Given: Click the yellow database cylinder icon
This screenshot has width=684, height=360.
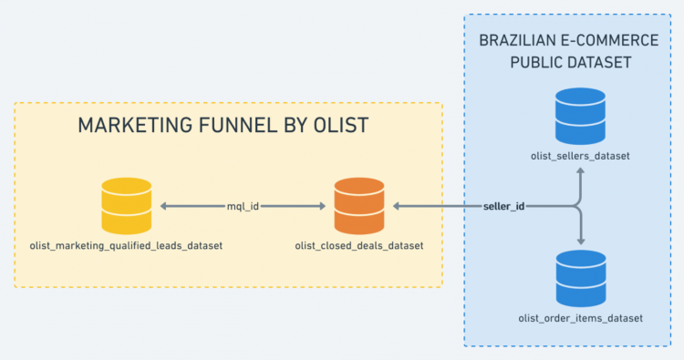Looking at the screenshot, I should [x=126, y=206].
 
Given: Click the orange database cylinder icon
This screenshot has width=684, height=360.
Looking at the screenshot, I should [x=358, y=206].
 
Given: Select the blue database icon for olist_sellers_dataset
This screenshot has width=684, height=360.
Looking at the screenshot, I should [x=580, y=115].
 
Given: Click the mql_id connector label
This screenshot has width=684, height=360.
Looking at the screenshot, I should [x=243, y=207].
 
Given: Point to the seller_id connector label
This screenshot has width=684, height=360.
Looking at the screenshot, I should [x=503, y=207].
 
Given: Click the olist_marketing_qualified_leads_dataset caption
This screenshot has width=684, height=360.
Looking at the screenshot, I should [x=126, y=246].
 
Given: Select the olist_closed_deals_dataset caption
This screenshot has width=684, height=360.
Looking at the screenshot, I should [x=358, y=246].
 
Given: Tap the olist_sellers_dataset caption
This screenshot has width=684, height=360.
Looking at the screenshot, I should [x=580, y=156].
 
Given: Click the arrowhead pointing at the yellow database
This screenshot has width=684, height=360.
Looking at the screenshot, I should [x=165, y=207].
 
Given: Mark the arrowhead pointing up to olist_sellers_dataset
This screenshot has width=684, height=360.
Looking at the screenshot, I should [x=580, y=174].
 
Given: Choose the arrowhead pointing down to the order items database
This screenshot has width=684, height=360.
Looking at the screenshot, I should [x=580, y=242].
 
